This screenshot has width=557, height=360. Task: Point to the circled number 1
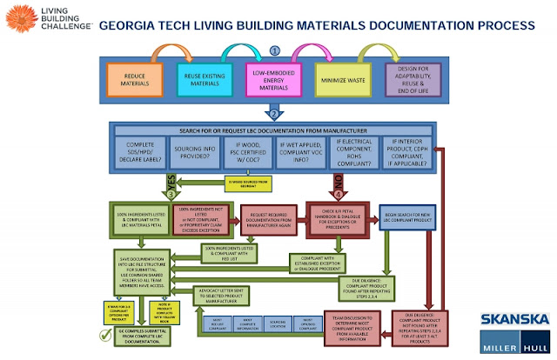click(276, 50)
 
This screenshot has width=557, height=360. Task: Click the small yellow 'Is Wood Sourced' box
click(249, 183)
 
